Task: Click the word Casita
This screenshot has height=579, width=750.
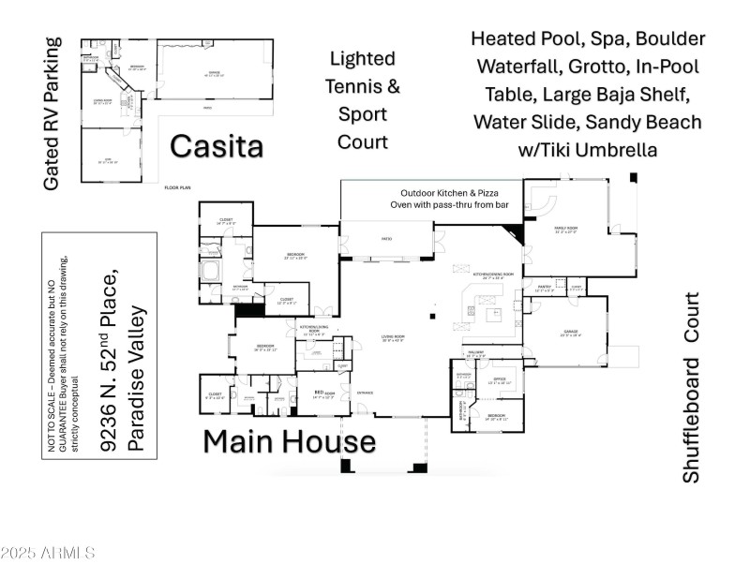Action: click(x=216, y=146)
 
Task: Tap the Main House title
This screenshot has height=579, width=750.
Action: click(x=290, y=440)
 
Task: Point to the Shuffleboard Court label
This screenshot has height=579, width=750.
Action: click(x=691, y=388)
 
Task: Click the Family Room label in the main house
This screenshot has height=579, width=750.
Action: click(x=563, y=230)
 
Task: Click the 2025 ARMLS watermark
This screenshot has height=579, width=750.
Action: click(x=48, y=552)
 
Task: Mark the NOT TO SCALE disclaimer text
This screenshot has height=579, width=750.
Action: click(x=60, y=376)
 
